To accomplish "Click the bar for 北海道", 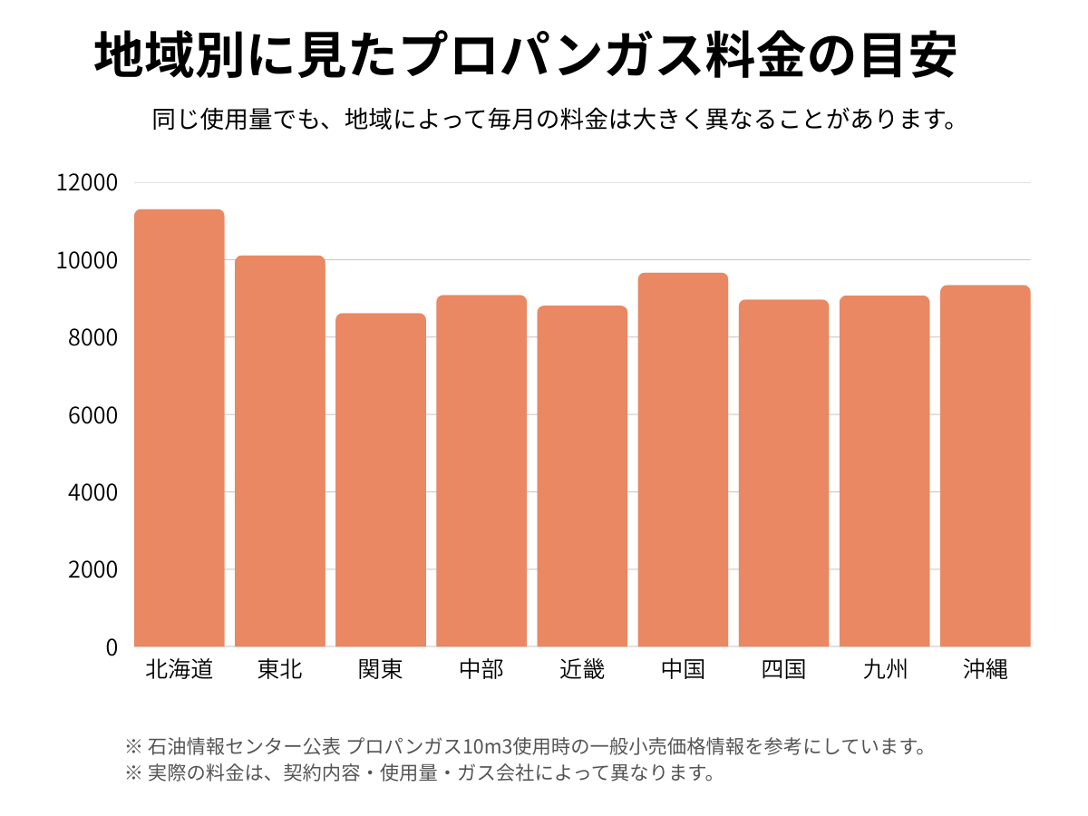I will click(180, 428).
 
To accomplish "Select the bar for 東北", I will click(280, 451).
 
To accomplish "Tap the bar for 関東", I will click(381, 480).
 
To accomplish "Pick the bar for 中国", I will click(683, 460).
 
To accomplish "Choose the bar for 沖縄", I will click(985, 466).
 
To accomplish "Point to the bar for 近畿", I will click(582, 476).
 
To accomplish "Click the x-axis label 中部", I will click(481, 670).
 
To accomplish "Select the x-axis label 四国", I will click(783, 670).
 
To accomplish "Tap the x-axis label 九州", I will click(884, 670).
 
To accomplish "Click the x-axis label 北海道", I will click(180, 670).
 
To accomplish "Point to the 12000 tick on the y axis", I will click(87, 183).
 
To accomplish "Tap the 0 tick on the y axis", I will click(112, 647).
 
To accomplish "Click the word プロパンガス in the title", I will click(551, 57).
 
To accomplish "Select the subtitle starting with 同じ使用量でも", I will click(555, 120).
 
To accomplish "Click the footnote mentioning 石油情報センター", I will click(526, 747).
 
